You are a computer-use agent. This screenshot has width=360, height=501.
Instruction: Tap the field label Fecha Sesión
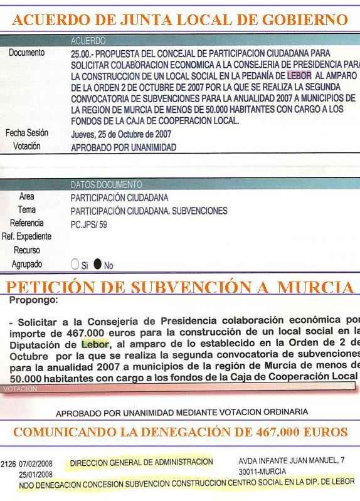point(27,133)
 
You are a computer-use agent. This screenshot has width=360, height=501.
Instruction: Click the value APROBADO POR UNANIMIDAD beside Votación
point(124,147)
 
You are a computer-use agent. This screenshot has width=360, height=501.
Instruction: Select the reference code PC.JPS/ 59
point(89,224)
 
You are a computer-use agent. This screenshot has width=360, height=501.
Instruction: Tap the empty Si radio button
point(76,265)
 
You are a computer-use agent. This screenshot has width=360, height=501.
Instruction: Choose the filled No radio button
point(97,265)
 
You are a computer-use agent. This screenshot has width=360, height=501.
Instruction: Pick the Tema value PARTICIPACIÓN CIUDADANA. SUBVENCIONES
point(149,211)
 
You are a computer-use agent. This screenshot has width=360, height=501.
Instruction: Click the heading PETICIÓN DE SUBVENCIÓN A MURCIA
point(180,288)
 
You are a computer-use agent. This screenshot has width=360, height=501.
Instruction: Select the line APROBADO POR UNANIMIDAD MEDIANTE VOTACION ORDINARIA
point(182,412)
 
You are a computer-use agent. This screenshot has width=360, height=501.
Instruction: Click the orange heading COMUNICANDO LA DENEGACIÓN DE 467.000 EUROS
point(180,433)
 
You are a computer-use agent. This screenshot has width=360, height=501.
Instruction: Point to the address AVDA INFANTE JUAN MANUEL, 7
point(291,460)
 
